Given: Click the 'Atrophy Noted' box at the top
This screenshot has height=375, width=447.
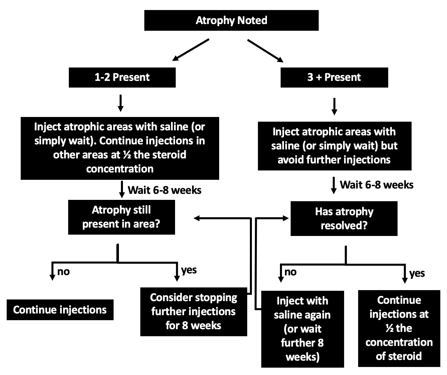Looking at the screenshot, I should pyautogui.click(x=231, y=20).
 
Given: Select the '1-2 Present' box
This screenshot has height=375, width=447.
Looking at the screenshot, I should pyautogui.click(x=122, y=77).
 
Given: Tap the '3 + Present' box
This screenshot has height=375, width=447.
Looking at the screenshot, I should pyautogui.click(x=334, y=77).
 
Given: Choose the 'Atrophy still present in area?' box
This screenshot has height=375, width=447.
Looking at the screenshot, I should pyautogui.click(x=121, y=217).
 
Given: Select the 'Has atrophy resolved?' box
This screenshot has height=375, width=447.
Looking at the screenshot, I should pyautogui.click(x=344, y=218).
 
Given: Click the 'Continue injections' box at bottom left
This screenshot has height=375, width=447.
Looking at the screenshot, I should pyautogui.click(x=60, y=310).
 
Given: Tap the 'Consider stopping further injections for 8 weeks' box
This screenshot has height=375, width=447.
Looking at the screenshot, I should pyautogui.click(x=193, y=311).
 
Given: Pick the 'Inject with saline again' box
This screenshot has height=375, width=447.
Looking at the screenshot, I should pyautogui.click(x=302, y=329).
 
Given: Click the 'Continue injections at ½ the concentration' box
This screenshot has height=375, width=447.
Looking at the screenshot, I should pyautogui.click(x=399, y=328).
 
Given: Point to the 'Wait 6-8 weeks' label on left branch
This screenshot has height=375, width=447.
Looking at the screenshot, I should pyautogui.click(x=164, y=190).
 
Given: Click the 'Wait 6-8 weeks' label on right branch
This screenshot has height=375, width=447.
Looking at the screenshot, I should pyautogui.click(x=377, y=185).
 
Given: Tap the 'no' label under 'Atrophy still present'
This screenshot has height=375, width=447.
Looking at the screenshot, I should pyautogui.click(x=63, y=271).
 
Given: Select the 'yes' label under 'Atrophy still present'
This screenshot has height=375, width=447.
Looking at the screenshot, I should pyautogui.click(x=189, y=270).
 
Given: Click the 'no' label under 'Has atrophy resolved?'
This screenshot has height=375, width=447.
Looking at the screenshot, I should pyautogui.click(x=290, y=272).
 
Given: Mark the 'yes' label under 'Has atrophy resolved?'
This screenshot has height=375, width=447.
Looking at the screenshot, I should pyautogui.click(x=417, y=273).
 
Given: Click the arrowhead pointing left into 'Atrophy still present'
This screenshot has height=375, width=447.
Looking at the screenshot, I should pyautogui.click(x=197, y=218).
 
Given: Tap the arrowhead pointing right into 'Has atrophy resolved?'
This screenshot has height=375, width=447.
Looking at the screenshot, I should pyautogui.click(x=286, y=219).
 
